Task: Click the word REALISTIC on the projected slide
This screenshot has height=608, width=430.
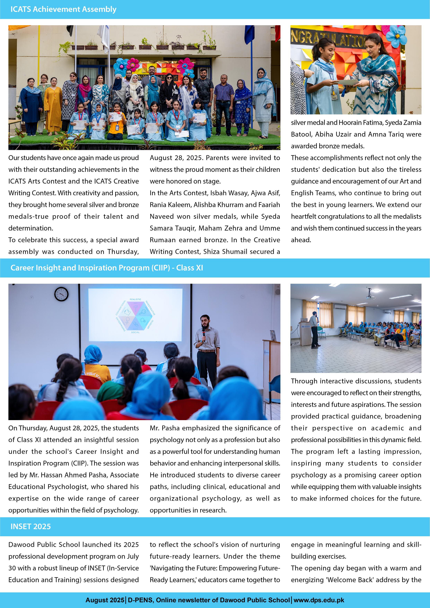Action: [x=135, y=299]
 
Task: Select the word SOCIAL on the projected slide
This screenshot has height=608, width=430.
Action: [x=135, y=332]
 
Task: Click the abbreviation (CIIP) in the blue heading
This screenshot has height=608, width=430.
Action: [x=160, y=268]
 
